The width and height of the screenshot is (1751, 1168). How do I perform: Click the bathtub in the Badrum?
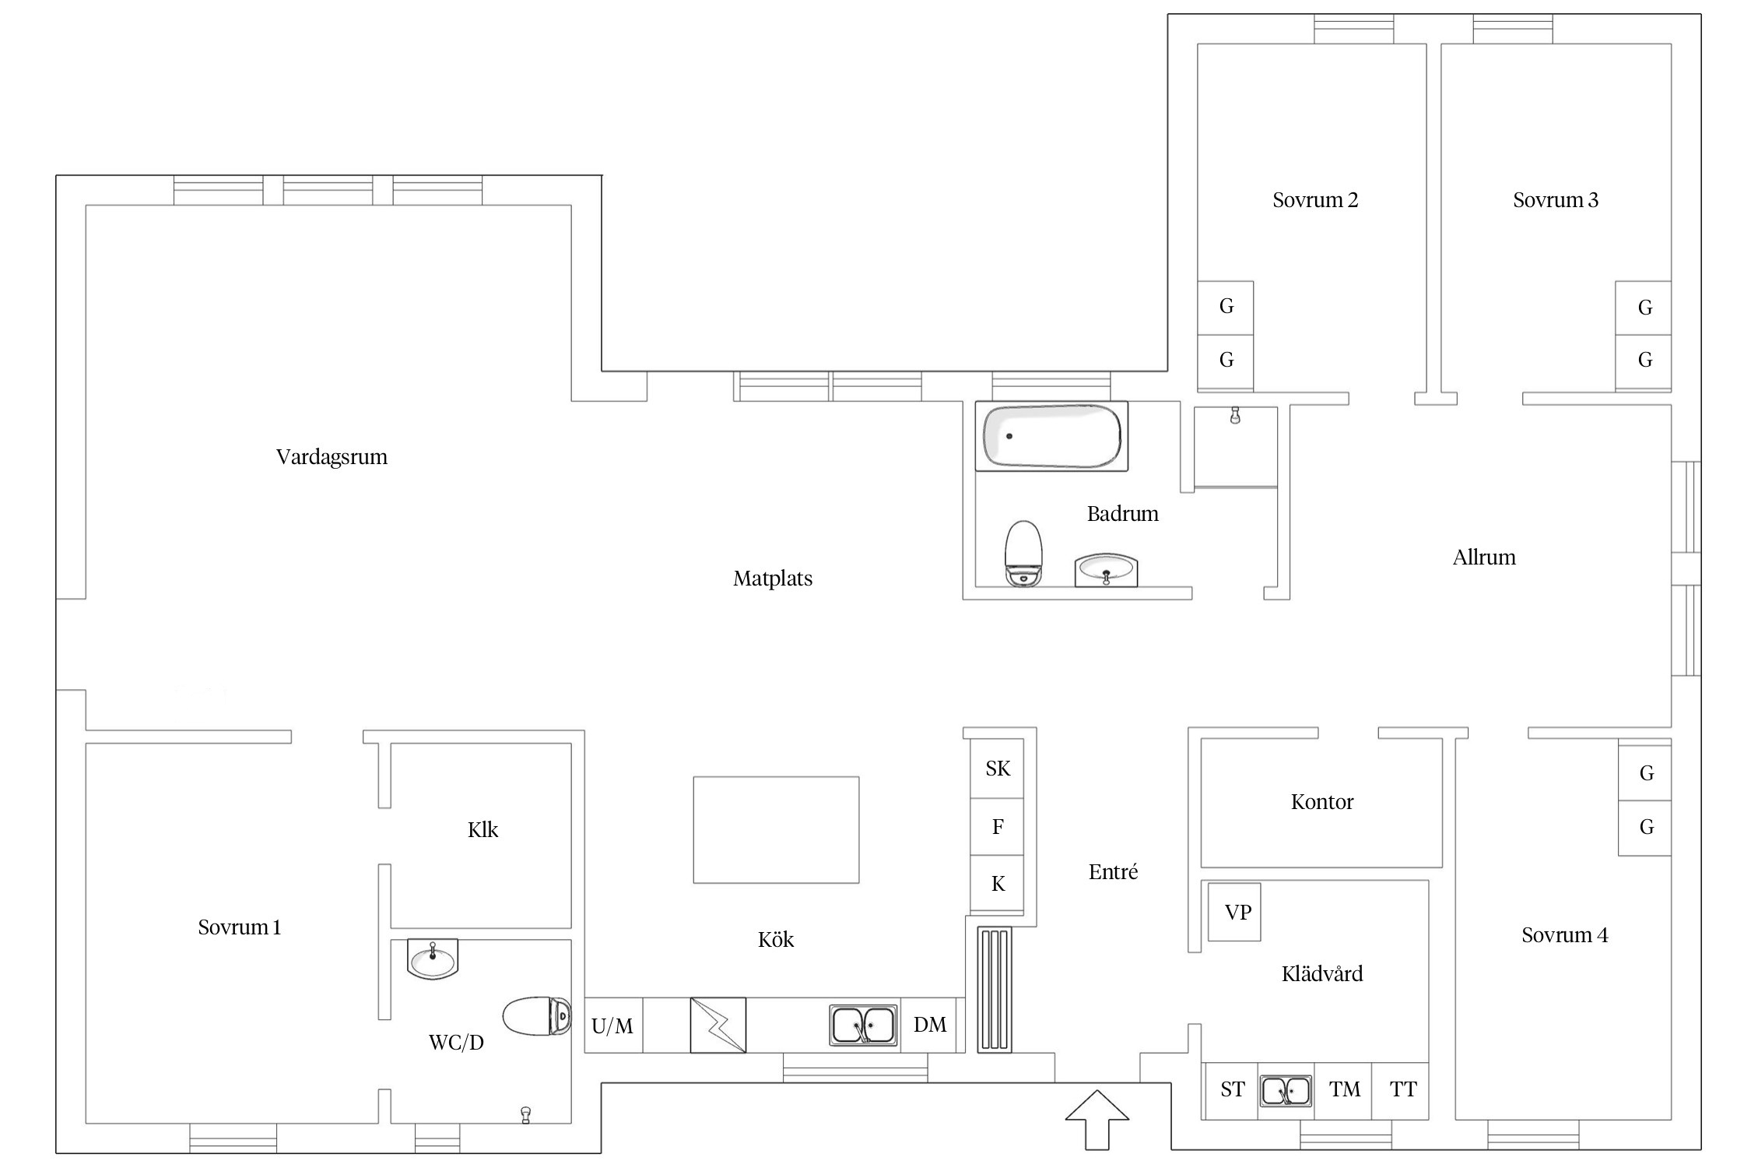(1051, 436)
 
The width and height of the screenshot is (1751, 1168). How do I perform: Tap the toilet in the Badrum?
(1023, 554)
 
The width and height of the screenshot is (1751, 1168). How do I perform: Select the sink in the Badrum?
(1106, 570)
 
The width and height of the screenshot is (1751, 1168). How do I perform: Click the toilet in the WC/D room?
(537, 1016)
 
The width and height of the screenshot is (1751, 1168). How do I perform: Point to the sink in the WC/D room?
(433, 959)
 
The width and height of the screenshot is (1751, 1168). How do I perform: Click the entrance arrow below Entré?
(1097, 1120)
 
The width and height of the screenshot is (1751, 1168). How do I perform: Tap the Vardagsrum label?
(332, 457)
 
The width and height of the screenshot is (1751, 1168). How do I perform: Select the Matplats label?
(773, 579)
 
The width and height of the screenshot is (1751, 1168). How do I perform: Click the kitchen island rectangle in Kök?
(776, 830)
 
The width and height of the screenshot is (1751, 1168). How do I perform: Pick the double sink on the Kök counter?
(863, 1026)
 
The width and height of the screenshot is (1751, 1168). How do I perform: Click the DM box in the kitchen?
(929, 1026)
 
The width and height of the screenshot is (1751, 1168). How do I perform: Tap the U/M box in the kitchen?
(613, 1026)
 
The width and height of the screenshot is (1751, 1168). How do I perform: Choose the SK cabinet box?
(997, 769)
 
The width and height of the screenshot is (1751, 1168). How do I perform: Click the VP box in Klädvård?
(1234, 912)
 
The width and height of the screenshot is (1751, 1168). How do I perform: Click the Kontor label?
(1321, 802)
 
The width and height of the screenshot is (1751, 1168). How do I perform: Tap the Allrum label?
(1484, 558)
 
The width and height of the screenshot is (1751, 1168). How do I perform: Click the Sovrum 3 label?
(1555, 200)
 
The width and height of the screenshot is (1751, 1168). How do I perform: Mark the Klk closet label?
(482, 830)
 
